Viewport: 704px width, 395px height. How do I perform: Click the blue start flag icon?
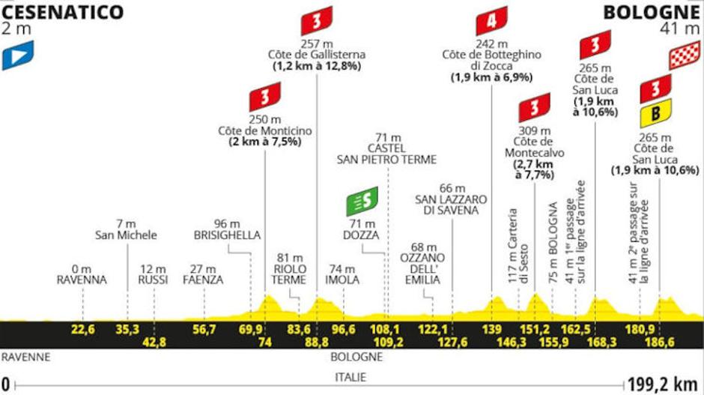[17, 55]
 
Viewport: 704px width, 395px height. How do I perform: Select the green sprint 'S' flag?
[362, 200]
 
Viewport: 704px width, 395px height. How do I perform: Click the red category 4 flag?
[491, 20]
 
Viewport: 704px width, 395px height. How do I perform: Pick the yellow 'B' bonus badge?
[655, 114]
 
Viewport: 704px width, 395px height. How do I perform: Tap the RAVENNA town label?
[82, 280]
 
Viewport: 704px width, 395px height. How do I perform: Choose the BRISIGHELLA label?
[226, 235]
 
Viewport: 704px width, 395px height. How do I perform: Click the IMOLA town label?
[345, 280]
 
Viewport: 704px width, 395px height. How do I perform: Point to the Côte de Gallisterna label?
[317, 55]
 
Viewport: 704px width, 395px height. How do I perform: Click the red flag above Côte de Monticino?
[265, 97]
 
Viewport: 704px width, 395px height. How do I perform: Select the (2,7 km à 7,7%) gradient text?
[535, 169]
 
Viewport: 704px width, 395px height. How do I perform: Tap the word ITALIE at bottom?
[345, 379]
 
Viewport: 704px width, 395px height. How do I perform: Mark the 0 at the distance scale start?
[6, 384]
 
